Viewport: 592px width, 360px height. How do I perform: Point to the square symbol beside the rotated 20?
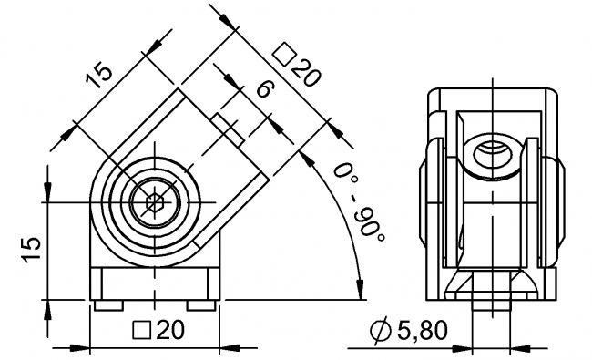click(283, 55)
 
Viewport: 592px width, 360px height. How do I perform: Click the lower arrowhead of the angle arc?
click(362, 289)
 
